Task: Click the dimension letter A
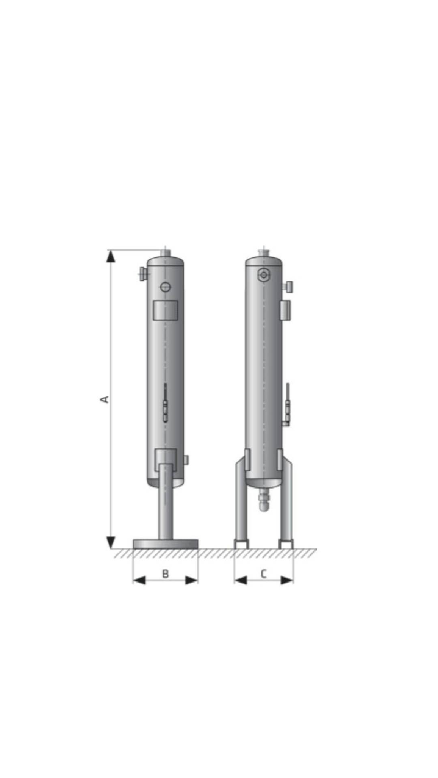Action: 105,399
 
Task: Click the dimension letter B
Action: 165,574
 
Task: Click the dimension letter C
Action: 264,574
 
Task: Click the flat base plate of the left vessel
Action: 165,544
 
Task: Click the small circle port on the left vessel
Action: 165,287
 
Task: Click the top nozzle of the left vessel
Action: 165,252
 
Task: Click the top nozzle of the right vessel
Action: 264,252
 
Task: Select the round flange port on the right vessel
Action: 264,275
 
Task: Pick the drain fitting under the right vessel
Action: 264,499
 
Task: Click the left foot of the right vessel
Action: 241,543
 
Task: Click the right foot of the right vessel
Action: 286,543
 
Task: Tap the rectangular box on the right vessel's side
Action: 286,310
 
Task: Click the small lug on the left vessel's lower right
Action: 186,460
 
